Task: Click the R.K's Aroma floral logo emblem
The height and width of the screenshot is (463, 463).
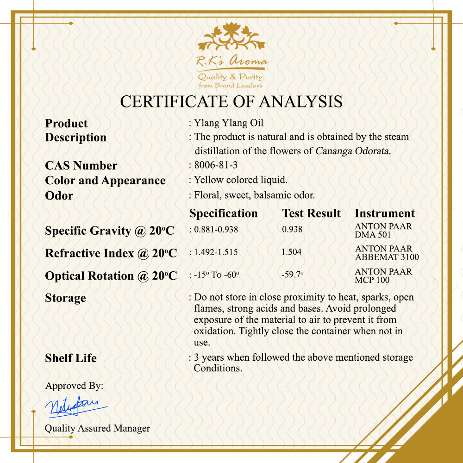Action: tap(231, 38)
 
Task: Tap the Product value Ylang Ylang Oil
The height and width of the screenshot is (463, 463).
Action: tap(229, 123)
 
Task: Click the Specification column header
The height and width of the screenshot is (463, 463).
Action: tap(224, 213)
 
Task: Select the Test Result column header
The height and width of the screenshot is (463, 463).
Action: tap(311, 213)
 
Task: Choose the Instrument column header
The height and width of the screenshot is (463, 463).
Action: tap(384, 213)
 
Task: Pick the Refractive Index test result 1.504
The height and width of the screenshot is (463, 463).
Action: tap(291, 252)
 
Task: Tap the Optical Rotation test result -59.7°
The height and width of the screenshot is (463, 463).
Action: tap(293, 275)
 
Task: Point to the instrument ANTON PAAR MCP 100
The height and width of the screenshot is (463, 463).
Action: tap(383, 275)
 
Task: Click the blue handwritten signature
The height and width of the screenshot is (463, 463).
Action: tap(74, 406)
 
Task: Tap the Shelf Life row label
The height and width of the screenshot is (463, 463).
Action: tap(71, 358)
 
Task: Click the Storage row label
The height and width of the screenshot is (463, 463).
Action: tap(65, 298)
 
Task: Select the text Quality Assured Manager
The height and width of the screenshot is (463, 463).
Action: tap(97, 428)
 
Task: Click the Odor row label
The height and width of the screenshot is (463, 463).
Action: tap(59, 195)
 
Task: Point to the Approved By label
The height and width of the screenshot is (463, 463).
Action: tap(74, 386)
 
